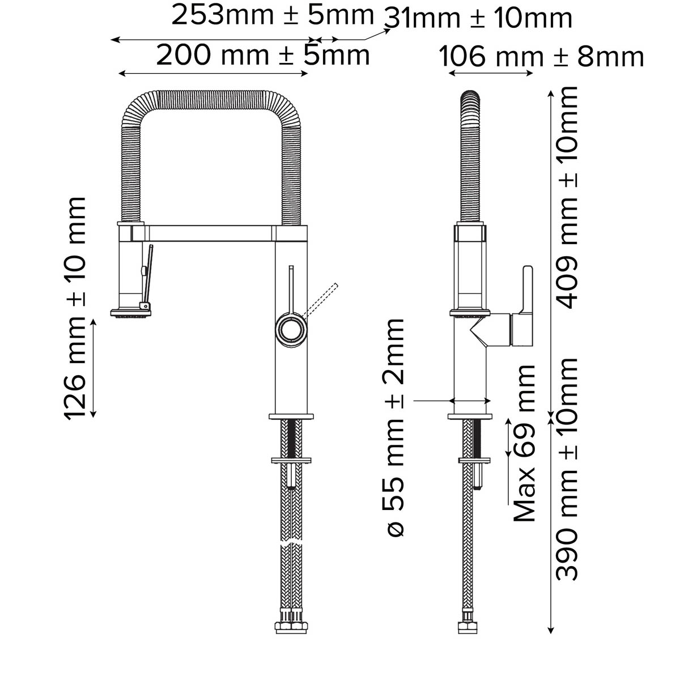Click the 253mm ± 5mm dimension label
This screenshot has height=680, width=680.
tap(272, 15)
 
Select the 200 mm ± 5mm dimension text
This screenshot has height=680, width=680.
tap(262, 56)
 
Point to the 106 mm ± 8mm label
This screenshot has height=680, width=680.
tap(542, 57)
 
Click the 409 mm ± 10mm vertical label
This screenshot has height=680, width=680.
tap(566, 197)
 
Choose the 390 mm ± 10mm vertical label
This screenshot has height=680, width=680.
tap(566, 469)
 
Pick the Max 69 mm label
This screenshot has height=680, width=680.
tap(524, 443)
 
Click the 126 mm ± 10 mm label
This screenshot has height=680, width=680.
tap(75, 309)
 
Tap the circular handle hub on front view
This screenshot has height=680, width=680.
tap(291, 329)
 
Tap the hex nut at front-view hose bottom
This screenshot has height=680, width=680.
tap(290, 627)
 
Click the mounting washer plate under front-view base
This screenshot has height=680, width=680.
tap(291, 460)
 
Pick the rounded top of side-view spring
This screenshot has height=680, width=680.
tap(471, 96)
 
